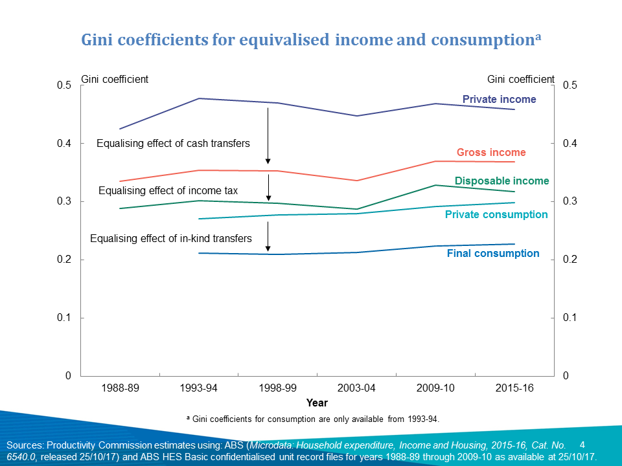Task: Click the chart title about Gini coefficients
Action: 310,39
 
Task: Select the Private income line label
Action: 499,100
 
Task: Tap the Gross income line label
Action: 491,153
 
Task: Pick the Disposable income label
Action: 501,181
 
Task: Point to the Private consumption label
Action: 496,214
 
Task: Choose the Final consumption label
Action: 493,254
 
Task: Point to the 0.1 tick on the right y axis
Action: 570,318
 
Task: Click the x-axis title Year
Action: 317,403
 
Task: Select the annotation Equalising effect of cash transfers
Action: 173,143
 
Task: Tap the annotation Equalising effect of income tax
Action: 168,191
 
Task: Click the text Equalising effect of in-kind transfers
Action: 170,239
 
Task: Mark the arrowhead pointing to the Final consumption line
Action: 268,249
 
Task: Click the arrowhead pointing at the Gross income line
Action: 268,161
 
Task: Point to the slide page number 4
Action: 582,445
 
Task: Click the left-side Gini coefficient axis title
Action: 114,79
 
